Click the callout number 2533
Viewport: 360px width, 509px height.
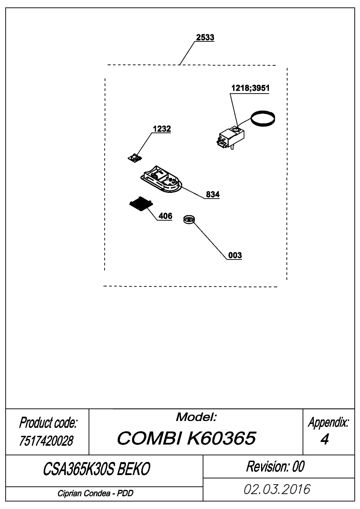coord(205,37)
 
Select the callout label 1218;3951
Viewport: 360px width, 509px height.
coord(250,88)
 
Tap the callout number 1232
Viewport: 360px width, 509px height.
coord(162,129)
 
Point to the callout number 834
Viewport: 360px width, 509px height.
coord(213,195)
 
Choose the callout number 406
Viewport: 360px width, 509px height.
coord(165,216)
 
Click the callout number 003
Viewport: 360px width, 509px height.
coord(235,255)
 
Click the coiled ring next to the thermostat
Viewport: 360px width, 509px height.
coord(264,118)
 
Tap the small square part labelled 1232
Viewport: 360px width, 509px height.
coord(135,158)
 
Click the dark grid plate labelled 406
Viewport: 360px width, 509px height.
coord(141,204)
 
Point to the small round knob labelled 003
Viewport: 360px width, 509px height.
coord(189,220)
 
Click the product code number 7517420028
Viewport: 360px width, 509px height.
coord(47,441)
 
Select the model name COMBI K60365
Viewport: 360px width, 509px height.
coord(186,438)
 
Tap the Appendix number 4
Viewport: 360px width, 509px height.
coord(325,439)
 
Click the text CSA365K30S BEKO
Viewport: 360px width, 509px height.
coord(97,469)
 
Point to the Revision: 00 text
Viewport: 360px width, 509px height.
coord(275,466)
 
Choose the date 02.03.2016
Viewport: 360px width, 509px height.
coord(277,489)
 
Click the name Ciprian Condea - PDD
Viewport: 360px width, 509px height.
coord(95,493)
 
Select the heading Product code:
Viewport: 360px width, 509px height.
coord(48,423)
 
